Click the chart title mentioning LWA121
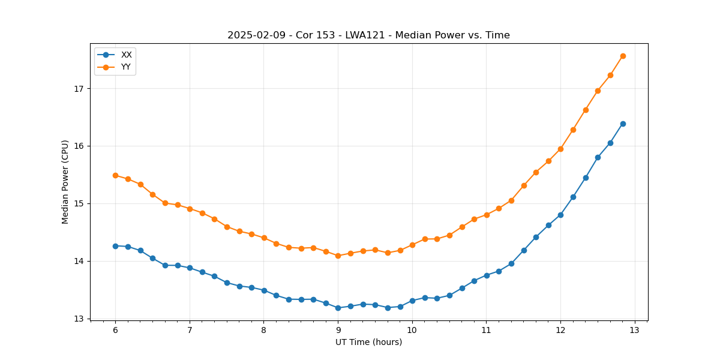coord(368,35)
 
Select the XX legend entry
coord(126,55)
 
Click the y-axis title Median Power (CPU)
coord(65,182)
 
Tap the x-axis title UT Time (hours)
coord(368,342)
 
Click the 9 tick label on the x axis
coord(338,331)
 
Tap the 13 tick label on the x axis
coord(635,331)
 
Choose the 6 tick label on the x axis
coord(115,331)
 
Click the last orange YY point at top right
coord(623,56)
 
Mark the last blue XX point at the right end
coord(623,124)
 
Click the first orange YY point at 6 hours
coord(115,175)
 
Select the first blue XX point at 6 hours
coord(115,246)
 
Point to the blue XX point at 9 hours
coord(338,308)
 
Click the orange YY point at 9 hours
coord(338,256)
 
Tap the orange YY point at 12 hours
coord(560,149)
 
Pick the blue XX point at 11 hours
coord(487,275)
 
